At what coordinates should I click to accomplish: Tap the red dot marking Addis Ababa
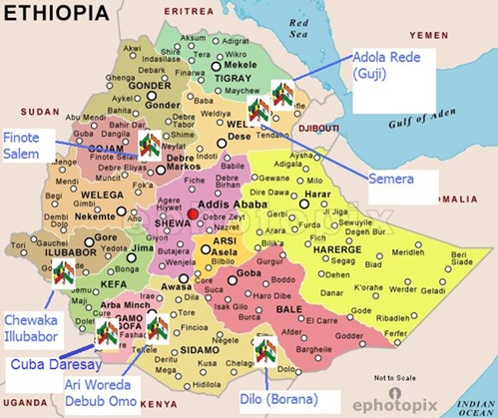coord(193,214)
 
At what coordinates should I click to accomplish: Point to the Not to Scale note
coord(395,378)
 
